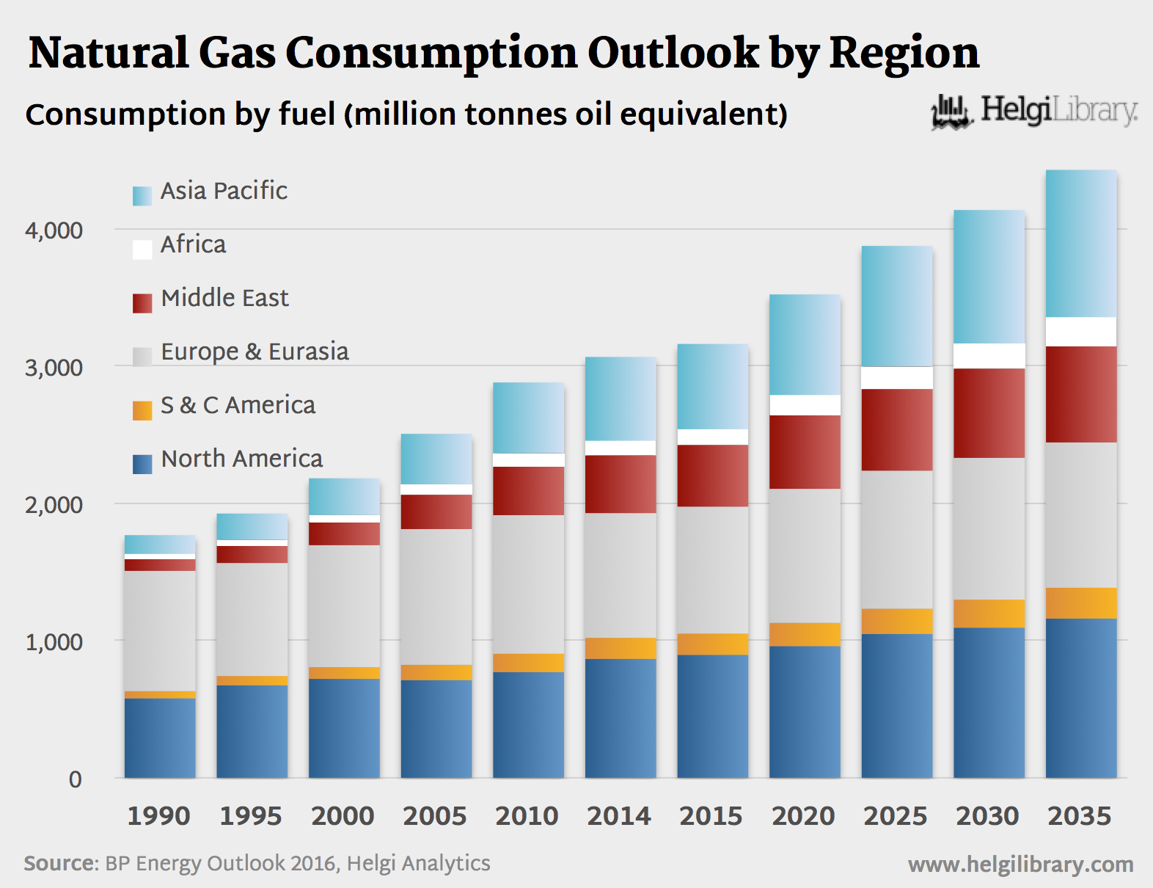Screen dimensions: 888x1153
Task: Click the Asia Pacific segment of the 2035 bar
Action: tap(1081, 244)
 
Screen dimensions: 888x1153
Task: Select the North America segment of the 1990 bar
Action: tap(160, 738)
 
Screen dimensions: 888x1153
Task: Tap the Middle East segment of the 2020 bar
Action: tap(805, 452)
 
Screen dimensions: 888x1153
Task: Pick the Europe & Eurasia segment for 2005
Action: tap(436, 597)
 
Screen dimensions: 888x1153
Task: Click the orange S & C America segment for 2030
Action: tap(989, 614)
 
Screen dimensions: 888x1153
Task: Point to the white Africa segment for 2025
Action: tap(897, 378)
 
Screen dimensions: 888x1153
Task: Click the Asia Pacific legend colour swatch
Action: tap(142, 196)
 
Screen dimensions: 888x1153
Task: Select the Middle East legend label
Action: tap(224, 298)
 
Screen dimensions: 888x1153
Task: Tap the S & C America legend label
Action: tap(238, 405)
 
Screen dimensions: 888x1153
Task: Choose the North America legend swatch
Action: tap(142, 464)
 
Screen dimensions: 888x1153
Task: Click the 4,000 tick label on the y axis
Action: tap(54, 230)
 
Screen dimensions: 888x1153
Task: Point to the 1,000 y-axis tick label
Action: tap(54, 642)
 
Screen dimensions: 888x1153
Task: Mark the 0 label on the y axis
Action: tap(75, 779)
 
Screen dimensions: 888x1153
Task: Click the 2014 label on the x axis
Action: tap(619, 816)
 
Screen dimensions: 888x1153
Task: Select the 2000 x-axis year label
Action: tap(343, 816)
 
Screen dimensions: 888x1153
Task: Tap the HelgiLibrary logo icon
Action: tap(951, 112)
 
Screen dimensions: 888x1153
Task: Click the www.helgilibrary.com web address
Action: tap(1020, 865)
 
